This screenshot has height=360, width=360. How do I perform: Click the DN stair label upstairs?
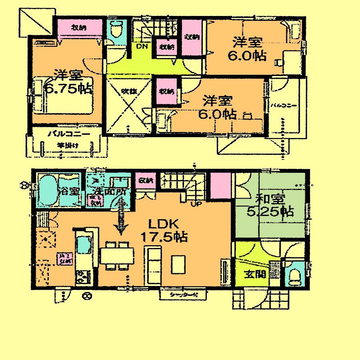(x=142, y=47)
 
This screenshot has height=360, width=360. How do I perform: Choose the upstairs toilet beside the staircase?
(x=117, y=30)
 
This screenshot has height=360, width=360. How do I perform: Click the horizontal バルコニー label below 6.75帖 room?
(x=66, y=134)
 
